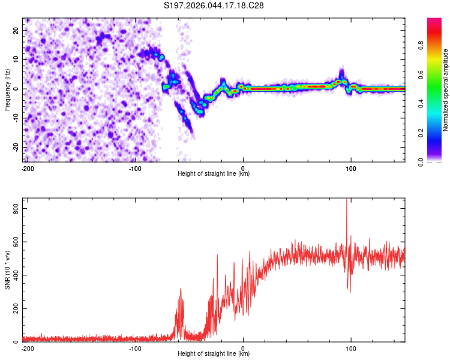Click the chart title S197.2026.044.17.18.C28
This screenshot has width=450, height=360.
tap(214, 5)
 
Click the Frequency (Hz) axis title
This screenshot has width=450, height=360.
tap(7, 89)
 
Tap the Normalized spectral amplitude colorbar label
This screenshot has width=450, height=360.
tap(446, 89)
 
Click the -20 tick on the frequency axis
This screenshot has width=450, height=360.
tap(16, 148)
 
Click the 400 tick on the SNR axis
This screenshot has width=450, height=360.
tap(14, 275)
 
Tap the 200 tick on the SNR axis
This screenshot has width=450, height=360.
tap(14, 309)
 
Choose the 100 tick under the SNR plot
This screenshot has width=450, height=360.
tap(350, 349)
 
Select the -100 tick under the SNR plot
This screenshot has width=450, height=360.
tap(135, 349)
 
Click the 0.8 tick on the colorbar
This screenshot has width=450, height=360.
tap(421, 44)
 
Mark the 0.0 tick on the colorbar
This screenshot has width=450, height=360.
tap(421, 161)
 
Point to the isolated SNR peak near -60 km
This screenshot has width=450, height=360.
tap(181, 290)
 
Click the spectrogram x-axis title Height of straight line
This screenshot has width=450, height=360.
tap(214, 174)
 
